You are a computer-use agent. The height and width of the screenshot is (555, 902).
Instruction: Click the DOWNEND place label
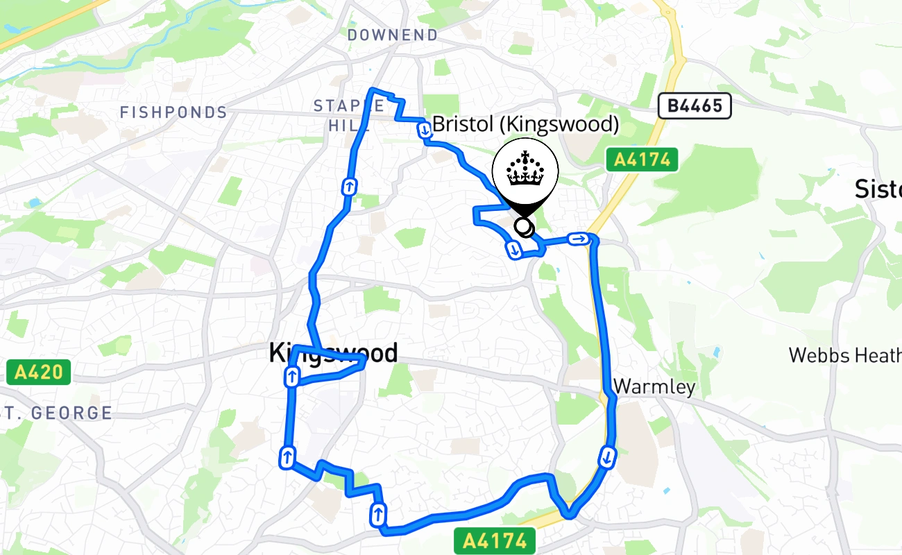point(393,35)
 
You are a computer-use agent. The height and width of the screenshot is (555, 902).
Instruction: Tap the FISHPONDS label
point(173,112)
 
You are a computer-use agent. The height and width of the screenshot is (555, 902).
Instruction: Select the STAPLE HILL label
point(349,115)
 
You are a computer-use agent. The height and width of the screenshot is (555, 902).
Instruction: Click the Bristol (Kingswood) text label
point(525,125)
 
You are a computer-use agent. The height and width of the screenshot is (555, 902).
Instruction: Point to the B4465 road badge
point(695,106)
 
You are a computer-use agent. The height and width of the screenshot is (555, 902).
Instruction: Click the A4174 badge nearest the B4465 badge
point(642,160)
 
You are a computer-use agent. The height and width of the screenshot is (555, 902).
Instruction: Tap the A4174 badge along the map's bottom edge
point(495,540)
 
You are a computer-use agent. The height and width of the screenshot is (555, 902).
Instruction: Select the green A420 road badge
point(39,373)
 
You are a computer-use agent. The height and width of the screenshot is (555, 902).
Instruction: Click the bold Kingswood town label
point(334,354)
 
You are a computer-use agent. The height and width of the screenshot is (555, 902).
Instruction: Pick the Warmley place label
point(654,386)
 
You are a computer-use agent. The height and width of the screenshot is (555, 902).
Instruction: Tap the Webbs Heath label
point(844,356)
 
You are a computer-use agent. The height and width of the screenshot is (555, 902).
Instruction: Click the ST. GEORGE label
point(57,413)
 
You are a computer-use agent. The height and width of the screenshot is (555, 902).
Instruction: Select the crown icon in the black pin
point(525,169)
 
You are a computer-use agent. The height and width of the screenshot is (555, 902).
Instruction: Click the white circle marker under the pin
point(524,227)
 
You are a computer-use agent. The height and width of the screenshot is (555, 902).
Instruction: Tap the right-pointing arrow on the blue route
point(578,239)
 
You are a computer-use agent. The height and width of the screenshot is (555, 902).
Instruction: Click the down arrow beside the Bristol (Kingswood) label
point(423,129)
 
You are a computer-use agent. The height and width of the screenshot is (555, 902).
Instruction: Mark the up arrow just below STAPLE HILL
point(348,186)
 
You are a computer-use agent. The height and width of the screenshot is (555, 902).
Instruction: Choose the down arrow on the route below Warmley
point(607,457)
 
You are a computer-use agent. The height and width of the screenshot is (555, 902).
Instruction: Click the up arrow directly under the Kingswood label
point(292,377)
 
